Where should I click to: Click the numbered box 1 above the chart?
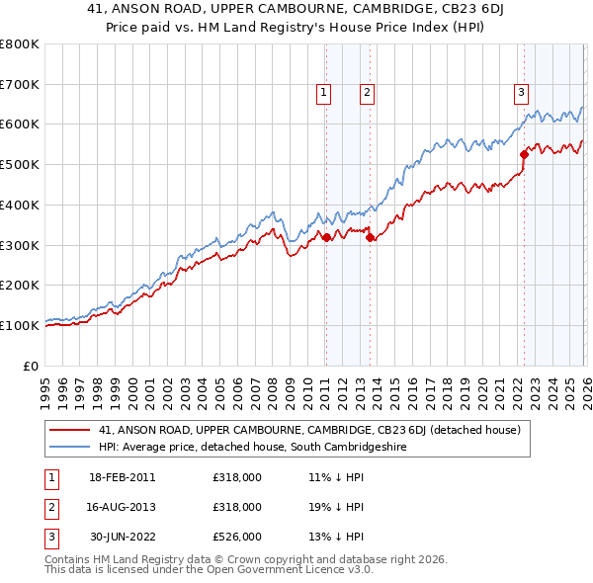(x=324, y=93)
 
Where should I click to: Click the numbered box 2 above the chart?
(x=367, y=93)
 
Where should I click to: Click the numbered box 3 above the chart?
(x=520, y=93)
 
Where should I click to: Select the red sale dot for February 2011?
(x=325, y=237)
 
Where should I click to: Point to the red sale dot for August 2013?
(x=370, y=237)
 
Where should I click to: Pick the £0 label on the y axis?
(x=33, y=366)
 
